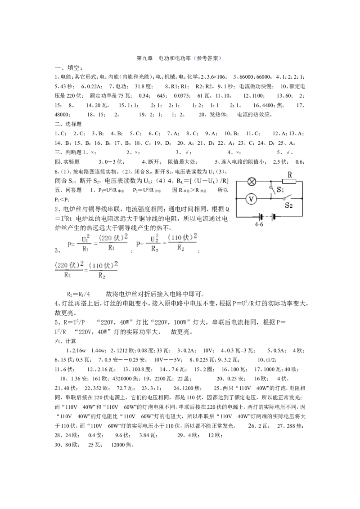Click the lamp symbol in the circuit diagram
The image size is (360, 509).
pos(252,182)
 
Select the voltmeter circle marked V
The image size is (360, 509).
pos(251,199)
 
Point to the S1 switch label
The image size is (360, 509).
pos(280,189)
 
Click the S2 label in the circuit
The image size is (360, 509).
pos(288,205)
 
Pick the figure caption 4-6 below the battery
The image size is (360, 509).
pos(259,224)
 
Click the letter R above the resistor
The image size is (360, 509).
pos(290,174)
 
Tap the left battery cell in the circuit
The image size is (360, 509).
pos(260,217)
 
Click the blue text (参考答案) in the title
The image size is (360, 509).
pos(207,58)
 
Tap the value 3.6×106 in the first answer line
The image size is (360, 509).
pos(216,77)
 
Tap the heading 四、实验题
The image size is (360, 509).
pos(67,162)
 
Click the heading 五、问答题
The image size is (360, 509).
pos(68,190)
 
